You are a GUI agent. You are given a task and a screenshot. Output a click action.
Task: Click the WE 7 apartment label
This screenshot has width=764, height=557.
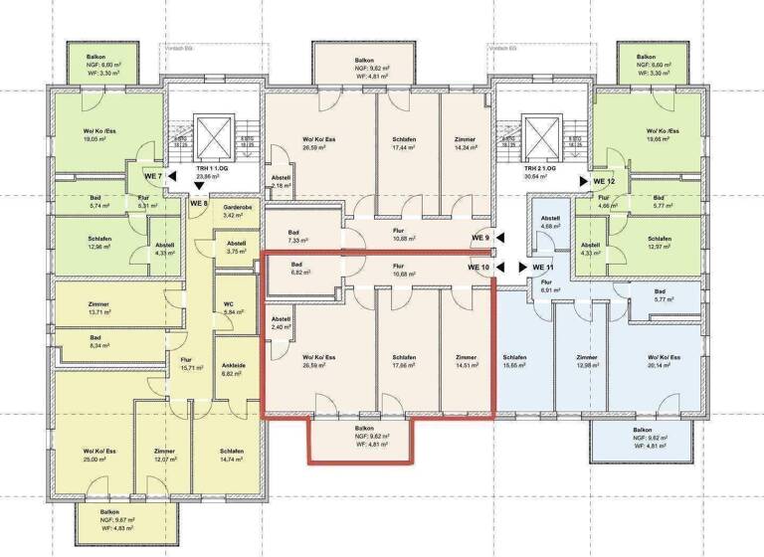[x=145, y=176]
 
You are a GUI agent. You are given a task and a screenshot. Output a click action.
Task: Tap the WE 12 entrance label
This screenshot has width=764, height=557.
[x=604, y=181]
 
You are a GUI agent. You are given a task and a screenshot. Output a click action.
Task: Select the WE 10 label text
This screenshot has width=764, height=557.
[x=479, y=267]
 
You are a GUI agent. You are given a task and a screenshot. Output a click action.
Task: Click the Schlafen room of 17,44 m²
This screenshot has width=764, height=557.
[x=406, y=143]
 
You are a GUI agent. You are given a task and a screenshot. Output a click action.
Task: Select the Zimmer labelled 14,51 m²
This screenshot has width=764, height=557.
[x=467, y=361]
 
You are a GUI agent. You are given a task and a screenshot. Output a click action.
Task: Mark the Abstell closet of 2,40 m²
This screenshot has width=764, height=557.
[x=280, y=322]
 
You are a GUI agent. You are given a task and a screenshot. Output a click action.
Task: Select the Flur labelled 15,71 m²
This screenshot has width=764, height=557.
[x=191, y=363]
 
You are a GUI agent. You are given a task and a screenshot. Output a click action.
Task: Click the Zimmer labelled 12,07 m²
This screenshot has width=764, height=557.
[x=164, y=456]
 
